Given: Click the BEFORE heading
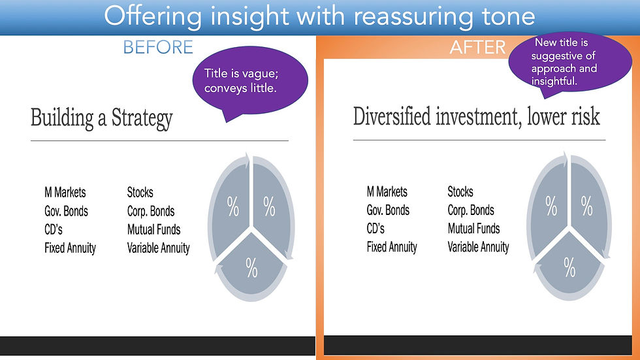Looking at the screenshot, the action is (158, 47).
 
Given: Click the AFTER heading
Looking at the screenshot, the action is (477, 47).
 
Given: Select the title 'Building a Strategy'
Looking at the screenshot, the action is (102, 118).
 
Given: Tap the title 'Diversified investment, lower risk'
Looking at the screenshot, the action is (476, 117).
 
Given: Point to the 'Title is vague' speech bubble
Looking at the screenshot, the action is (249, 81).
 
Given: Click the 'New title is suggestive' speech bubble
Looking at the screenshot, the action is (569, 63).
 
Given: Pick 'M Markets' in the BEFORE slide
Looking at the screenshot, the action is (65, 192).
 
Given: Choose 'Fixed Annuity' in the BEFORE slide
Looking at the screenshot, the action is (71, 248).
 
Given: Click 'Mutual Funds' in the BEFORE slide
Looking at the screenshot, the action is (154, 229).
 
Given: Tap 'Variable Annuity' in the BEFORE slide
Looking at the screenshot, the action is (158, 248).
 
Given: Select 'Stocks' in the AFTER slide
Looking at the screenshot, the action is (460, 191).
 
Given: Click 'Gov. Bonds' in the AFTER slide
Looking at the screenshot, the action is (388, 210).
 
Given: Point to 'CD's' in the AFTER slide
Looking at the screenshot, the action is (376, 229).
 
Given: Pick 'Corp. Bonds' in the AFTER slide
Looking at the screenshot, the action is (471, 210).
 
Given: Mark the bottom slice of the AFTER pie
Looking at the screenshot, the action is (569, 267).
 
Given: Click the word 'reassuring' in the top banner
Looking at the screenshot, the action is (413, 17).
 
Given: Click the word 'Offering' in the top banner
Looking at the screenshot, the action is (153, 17).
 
